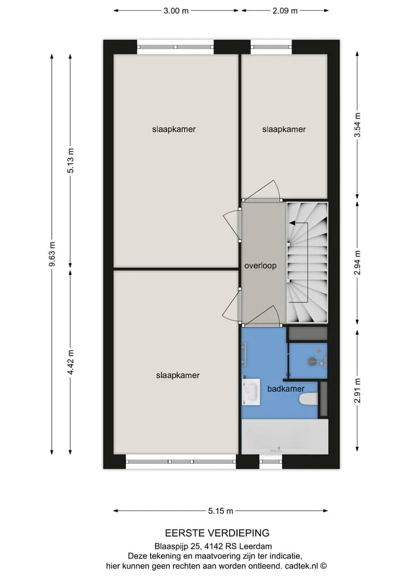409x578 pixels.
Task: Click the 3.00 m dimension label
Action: coord(176,11)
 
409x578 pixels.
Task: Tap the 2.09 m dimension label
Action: coord(285,11)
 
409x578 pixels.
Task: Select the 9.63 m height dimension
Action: coord(52,254)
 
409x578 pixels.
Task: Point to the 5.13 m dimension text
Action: coord(70,160)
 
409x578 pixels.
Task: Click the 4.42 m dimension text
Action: coord(70,362)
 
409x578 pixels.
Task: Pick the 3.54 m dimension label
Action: coord(357,125)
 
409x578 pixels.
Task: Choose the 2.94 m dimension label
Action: coord(357,263)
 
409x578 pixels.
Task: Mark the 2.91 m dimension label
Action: coord(357,391)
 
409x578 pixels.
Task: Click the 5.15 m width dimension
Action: coord(220,511)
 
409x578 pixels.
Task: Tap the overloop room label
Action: coord(260,265)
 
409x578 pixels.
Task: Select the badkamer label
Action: coord(286,389)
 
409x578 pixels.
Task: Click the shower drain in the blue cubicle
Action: coord(313,361)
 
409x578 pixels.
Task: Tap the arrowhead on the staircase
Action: coord(292,223)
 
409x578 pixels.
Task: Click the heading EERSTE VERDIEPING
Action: coord(217,533)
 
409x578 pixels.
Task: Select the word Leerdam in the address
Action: coord(256,547)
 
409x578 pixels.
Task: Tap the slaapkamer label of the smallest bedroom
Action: coord(283,130)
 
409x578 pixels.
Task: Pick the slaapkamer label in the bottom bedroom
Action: coord(178,375)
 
